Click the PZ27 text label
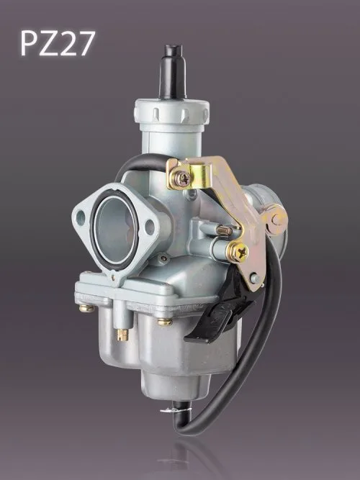pos(58,43)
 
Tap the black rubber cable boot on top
pos(173,72)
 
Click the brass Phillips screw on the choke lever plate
pos(238,252)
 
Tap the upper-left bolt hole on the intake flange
pos(80,217)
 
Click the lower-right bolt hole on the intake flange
pos(150,227)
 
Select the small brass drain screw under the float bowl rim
pos(122,335)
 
